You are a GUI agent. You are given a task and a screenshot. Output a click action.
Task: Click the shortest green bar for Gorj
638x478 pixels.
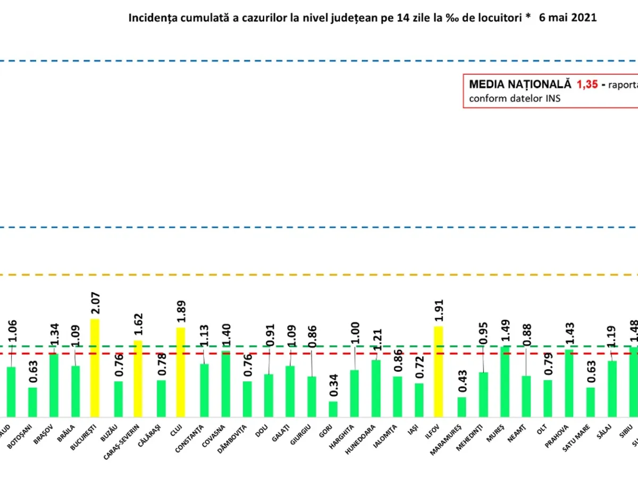(x=333, y=409)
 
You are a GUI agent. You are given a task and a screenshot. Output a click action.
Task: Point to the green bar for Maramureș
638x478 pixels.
(x=461, y=407)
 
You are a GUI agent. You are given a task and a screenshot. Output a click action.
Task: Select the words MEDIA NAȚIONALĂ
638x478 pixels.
(x=519, y=84)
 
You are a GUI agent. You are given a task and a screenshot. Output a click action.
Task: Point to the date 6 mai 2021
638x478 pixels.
(x=567, y=18)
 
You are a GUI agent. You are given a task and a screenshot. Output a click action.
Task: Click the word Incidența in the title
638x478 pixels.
(x=148, y=18)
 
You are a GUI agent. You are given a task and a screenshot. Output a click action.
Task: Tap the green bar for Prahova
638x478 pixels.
(x=569, y=383)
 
